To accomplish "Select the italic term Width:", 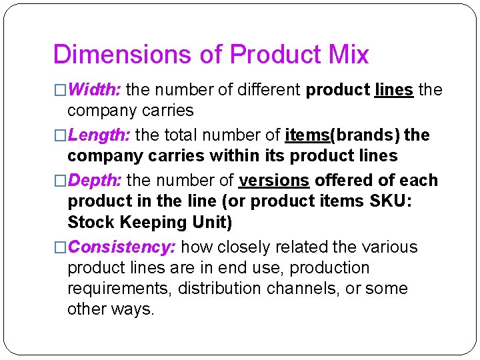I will pos(94,89).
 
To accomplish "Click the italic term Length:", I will pos(99,135).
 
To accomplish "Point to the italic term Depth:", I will pos(94,181).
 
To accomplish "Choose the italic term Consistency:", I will pos(122,247).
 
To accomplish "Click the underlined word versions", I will pos(273,181).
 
